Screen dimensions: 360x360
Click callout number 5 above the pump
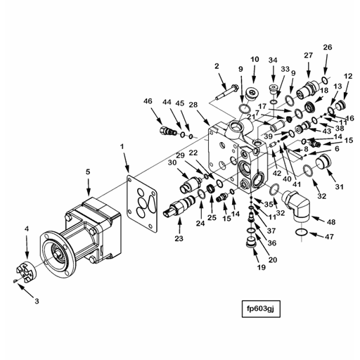88,171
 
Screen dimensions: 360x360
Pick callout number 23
179,238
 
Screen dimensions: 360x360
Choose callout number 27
308,55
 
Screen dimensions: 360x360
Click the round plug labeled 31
325,167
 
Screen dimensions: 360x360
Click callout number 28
193,104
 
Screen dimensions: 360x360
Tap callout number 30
171,163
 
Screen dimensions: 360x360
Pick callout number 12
347,76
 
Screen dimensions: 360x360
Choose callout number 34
272,60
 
